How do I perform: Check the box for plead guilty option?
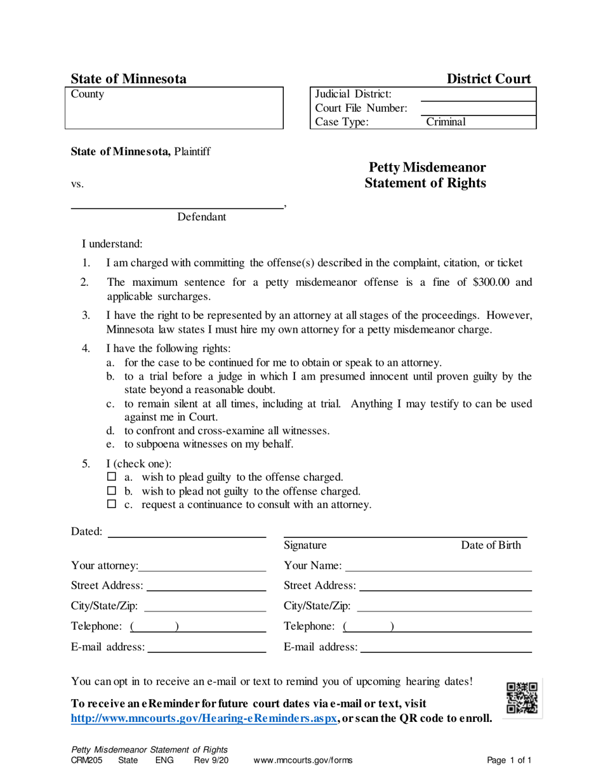click(112, 476)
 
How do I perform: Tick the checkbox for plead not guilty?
click(112, 491)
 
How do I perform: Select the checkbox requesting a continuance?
click(112, 505)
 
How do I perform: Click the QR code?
click(522, 697)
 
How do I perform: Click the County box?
click(174, 108)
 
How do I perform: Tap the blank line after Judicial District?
click(478, 94)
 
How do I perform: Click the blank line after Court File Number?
click(478, 109)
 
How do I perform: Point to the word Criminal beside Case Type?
click(446, 122)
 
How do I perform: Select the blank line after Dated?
click(187, 532)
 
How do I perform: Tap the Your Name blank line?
click(438, 566)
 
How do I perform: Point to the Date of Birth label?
click(491, 545)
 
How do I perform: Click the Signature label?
click(305, 545)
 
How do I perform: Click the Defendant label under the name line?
click(201, 217)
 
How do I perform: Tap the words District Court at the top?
click(489, 79)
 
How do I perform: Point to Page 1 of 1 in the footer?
click(509, 760)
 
